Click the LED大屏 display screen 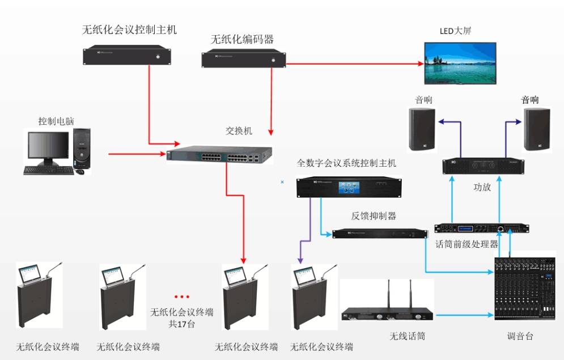point(460,63)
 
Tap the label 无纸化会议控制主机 point(129,29)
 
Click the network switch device point(219,155)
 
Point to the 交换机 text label point(239,130)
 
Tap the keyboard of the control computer point(49,171)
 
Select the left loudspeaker point(422,129)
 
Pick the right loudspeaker point(537,129)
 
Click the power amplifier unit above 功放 point(483,166)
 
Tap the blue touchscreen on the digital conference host point(349,187)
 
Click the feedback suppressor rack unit point(380,234)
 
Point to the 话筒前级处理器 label point(467,244)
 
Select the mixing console point(525,289)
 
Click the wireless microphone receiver point(387,310)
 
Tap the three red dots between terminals point(181,297)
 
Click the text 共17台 point(181,324)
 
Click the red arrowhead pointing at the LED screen point(421,63)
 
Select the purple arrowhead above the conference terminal point(300,261)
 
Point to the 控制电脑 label point(56,121)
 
